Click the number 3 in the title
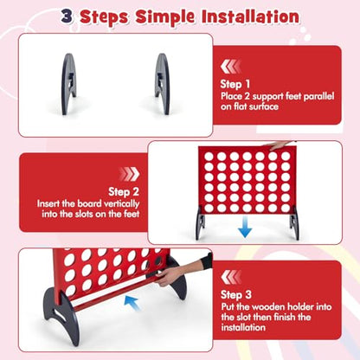coord(67,16)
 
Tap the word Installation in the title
coord(250,16)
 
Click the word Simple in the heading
coord(165,17)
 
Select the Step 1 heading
coord(235,84)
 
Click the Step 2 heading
coord(124,191)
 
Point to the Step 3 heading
coord(236,294)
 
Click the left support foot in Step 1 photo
coord(69,84)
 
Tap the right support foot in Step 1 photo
coord(162,84)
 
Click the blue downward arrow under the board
coord(245,227)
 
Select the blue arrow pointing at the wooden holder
coord(132,303)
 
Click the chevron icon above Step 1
coord(230,67)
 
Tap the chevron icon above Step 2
coord(130,174)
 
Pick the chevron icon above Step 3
coord(231,277)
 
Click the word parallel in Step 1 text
coord(318,96)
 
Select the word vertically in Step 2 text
coord(121,203)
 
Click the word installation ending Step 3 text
coord(243,327)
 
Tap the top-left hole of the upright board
coord(209,157)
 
